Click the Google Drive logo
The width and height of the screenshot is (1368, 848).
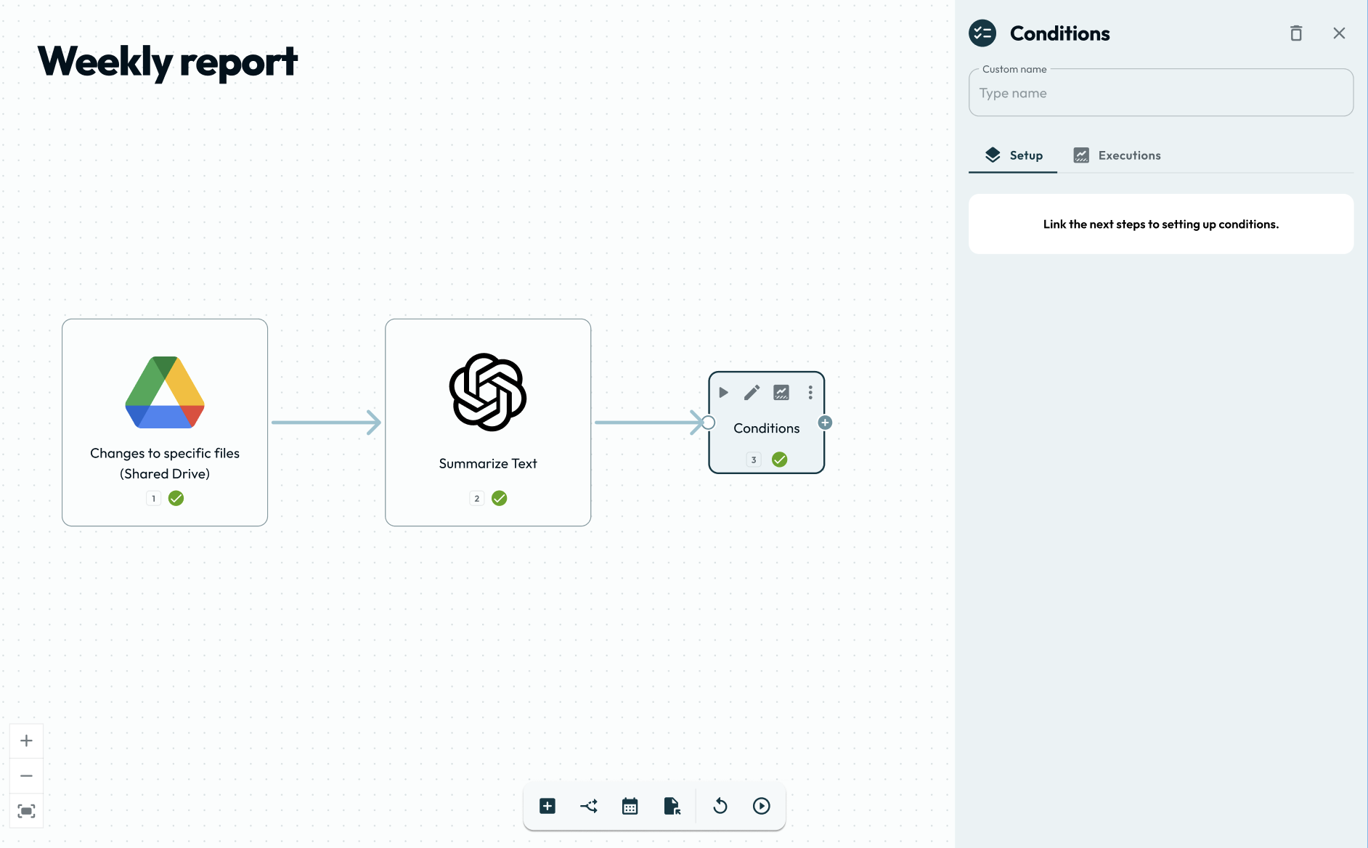165,392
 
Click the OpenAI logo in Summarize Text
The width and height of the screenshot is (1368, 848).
488,392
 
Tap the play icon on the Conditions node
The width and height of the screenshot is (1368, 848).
723,393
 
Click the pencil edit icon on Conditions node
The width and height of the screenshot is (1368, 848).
752,393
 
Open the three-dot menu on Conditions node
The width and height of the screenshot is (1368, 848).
810,393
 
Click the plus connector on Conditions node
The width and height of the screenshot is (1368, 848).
825,423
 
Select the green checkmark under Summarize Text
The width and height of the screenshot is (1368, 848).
499,498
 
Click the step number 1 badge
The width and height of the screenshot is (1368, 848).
153,498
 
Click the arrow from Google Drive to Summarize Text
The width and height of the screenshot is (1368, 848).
326,423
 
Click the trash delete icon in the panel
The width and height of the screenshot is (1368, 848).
1296,33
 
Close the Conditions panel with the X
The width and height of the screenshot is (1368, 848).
1339,33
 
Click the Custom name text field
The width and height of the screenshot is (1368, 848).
1160,94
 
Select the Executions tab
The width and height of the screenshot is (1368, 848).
1117,155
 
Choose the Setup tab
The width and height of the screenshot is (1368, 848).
1014,155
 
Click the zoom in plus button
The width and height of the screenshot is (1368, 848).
26,741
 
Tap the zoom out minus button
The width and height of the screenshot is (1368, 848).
26,775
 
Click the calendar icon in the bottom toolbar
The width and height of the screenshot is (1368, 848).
630,806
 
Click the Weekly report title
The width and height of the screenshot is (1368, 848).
167,62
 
